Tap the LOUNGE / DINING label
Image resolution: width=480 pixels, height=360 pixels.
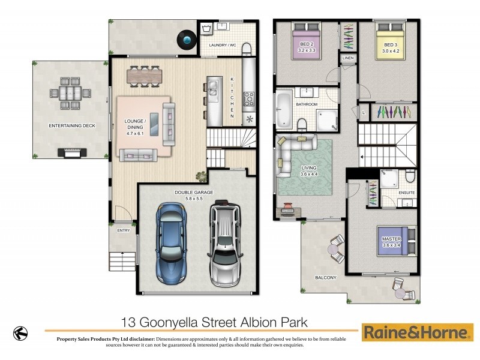tap(134, 124)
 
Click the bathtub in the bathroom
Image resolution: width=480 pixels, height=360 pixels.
tap(283, 109)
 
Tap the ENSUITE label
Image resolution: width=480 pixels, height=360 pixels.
tap(406, 193)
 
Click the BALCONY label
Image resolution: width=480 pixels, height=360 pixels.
tap(326, 278)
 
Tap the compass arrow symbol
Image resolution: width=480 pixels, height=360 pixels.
tap(21, 332)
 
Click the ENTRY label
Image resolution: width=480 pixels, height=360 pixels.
tap(124, 230)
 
